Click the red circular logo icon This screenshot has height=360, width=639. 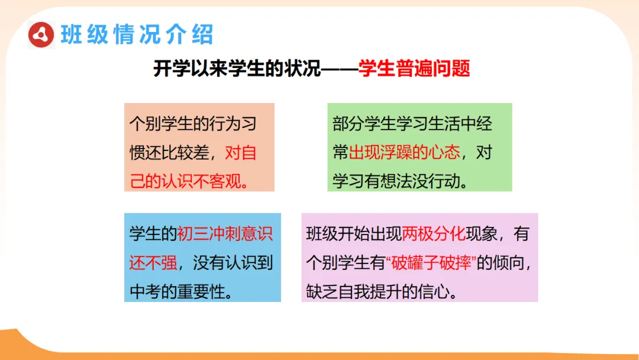[x=41, y=35]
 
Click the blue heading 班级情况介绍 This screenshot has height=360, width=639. [x=137, y=35]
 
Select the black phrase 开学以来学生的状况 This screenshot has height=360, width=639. [x=237, y=69]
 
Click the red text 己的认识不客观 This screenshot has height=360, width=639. [x=189, y=180]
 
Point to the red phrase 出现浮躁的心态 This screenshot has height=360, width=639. [x=404, y=152]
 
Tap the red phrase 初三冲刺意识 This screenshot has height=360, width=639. [x=225, y=233]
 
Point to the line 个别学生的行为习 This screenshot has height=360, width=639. [x=193, y=124]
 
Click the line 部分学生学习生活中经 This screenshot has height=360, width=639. [x=412, y=124]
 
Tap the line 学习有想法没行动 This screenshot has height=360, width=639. [x=401, y=180]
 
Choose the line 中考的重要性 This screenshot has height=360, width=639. [x=180, y=291]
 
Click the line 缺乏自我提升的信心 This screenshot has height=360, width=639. [x=382, y=291]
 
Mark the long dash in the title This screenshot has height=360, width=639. [x=339, y=69]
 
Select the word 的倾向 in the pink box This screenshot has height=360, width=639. [x=504, y=262]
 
